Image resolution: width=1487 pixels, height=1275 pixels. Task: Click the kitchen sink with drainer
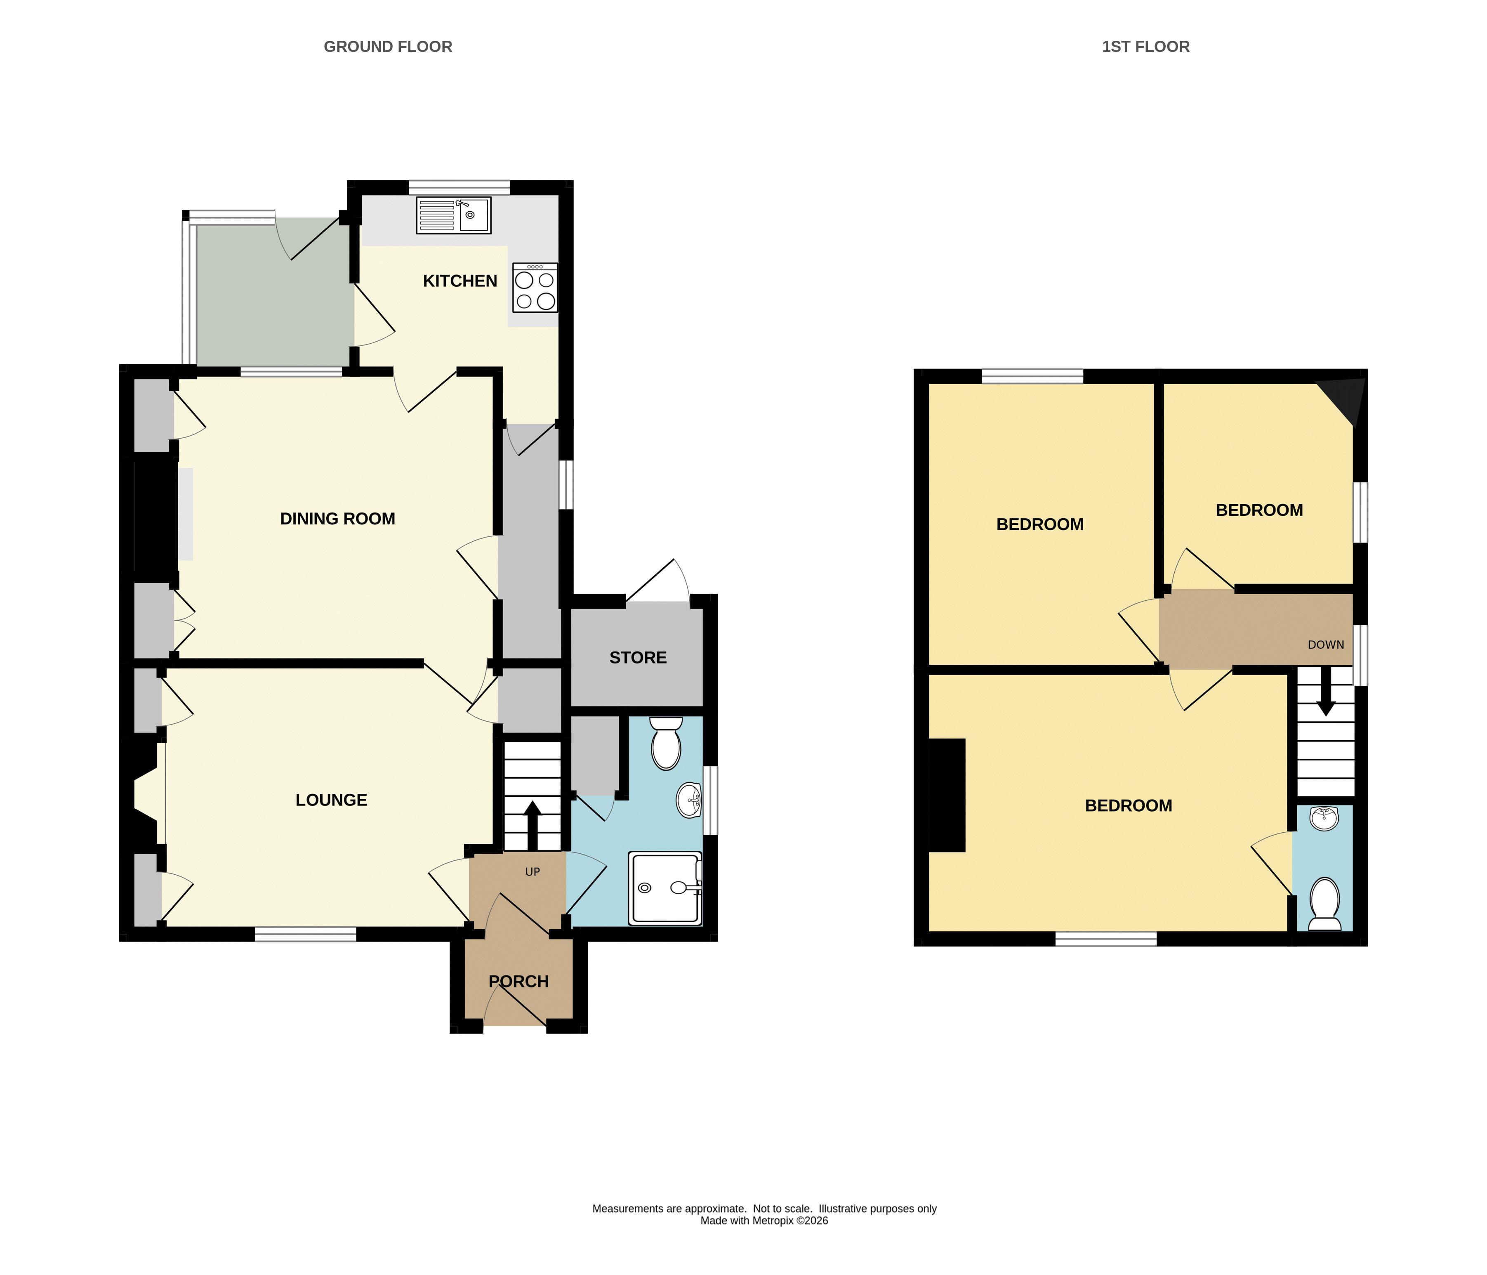pos(454,215)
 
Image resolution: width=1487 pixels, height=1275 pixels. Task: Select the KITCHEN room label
pos(460,281)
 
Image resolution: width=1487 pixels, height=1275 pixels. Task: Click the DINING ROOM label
pos(337,518)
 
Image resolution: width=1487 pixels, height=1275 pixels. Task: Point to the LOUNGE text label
pos(332,800)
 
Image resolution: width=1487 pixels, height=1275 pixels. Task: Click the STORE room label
pos(638,658)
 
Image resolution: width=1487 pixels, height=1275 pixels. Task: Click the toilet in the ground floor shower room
pos(666,743)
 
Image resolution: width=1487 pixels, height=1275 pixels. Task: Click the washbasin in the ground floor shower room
pos(690,800)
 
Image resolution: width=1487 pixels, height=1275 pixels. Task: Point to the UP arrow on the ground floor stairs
pos(533,826)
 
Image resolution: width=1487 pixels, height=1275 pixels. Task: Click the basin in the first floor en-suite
pos(1324,818)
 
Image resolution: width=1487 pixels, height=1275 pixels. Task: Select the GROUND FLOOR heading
pos(388,47)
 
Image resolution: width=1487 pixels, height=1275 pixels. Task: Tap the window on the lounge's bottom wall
pos(306,934)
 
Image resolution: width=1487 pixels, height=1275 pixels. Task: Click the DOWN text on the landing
pos(1326,645)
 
